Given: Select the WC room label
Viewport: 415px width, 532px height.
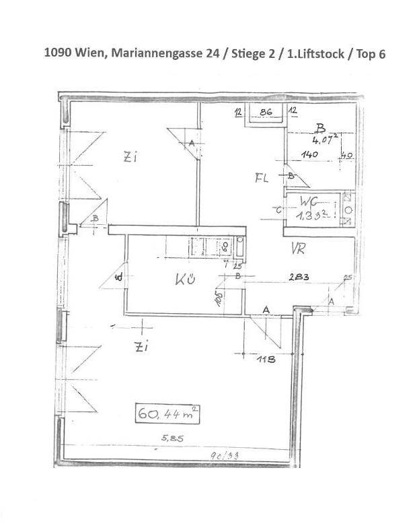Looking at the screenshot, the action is (x=309, y=201).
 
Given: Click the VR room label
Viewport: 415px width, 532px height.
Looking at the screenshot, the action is (x=299, y=248).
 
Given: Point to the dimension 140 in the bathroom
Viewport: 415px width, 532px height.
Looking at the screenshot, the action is (x=309, y=154).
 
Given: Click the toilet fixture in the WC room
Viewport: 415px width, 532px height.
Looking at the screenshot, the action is (x=348, y=209).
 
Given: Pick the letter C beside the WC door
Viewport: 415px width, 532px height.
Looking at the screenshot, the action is (x=278, y=209).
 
